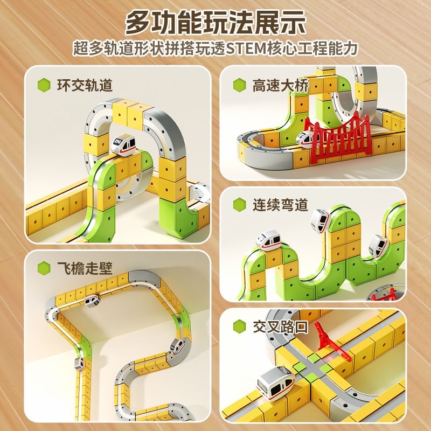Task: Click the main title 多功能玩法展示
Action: tap(215, 23)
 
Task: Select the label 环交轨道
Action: tap(85, 85)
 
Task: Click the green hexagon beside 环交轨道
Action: tap(44, 85)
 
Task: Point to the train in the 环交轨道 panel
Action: tap(123, 145)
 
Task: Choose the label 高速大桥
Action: tap(280, 85)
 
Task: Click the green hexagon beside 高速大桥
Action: tap(239, 85)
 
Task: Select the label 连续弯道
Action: tap(280, 205)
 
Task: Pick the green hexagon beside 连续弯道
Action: tap(239, 205)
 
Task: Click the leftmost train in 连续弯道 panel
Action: tap(268, 240)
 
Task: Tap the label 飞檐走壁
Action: tap(85, 268)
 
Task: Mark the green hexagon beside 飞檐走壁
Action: tap(44, 268)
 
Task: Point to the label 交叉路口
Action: tap(280, 327)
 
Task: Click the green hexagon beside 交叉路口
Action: tap(239, 326)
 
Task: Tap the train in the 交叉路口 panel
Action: tap(276, 383)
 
